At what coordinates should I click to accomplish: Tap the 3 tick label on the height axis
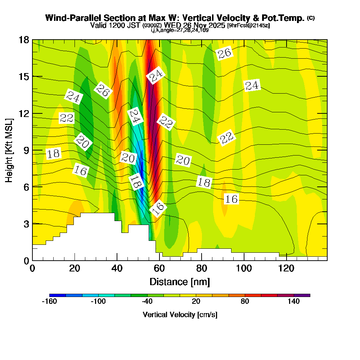(x=26, y=224)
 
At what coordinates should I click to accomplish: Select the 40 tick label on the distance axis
(x=117, y=268)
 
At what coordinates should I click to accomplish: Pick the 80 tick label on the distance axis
(x=202, y=268)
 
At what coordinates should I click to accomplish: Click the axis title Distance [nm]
(x=180, y=281)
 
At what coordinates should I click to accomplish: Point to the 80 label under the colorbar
(x=245, y=302)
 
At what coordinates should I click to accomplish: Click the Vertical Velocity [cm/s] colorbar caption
(x=180, y=315)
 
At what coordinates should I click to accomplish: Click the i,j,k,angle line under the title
(x=180, y=30)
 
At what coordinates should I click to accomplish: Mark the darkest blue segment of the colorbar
(x=58, y=295)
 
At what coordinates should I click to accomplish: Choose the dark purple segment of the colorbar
(x=302, y=295)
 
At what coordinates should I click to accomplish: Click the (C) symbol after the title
(x=310, y=18)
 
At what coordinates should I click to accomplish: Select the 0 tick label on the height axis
(x=26, y=260)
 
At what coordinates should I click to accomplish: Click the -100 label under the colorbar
(x=98, y=302)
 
